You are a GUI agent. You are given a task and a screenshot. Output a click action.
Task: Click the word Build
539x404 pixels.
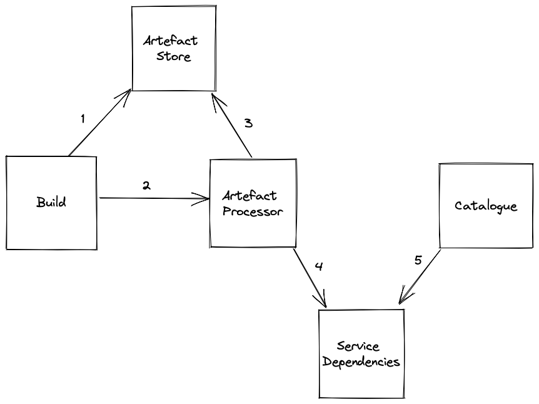click(x=51, y=202)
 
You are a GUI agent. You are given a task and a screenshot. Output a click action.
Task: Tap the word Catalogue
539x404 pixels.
click(x=486, y=206)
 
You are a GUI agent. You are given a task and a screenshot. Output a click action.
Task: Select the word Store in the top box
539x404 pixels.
click(x=174, y=56)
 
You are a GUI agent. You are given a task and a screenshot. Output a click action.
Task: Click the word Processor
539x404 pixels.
click(x=253, y=211)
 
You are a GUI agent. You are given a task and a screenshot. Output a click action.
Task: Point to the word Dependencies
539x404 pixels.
click(x=361, y=362)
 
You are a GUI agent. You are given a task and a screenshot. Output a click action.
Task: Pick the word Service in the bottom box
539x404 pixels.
click(x=358, y=346)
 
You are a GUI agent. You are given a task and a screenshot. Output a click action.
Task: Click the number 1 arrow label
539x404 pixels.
click(x=83, y=119)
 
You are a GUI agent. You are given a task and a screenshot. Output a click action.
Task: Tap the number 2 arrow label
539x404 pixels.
click(x=146, y=186)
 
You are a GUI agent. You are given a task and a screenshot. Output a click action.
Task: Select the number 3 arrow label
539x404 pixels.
click(x=248, y=123)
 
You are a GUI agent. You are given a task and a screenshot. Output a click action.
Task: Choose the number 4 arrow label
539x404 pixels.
click(x=319, y=266)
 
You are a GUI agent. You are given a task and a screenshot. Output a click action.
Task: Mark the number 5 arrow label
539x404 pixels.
click(x=418, y=260)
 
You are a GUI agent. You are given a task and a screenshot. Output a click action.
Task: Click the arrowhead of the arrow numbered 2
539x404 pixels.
click(x=209, y=199)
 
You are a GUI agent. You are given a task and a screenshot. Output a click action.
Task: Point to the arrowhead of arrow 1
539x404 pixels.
click(x=131, y=90)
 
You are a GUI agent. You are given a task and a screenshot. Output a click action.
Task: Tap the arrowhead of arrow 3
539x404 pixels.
click(x=212, y=95)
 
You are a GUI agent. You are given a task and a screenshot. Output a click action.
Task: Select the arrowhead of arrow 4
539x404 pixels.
click(x=326, y=306)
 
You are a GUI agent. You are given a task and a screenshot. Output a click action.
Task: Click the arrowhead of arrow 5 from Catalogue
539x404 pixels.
click(x=399, y=303)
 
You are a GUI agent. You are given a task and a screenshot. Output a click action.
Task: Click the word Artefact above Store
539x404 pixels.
click(x=171, y=41)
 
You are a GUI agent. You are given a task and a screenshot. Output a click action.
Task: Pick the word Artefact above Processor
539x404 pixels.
click(x=249, y=196)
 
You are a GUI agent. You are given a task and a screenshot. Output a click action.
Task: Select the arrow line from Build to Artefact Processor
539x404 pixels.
click(x=154, y=198)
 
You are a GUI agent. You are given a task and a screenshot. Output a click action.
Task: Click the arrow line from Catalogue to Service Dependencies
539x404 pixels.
click(x=420, y=277)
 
